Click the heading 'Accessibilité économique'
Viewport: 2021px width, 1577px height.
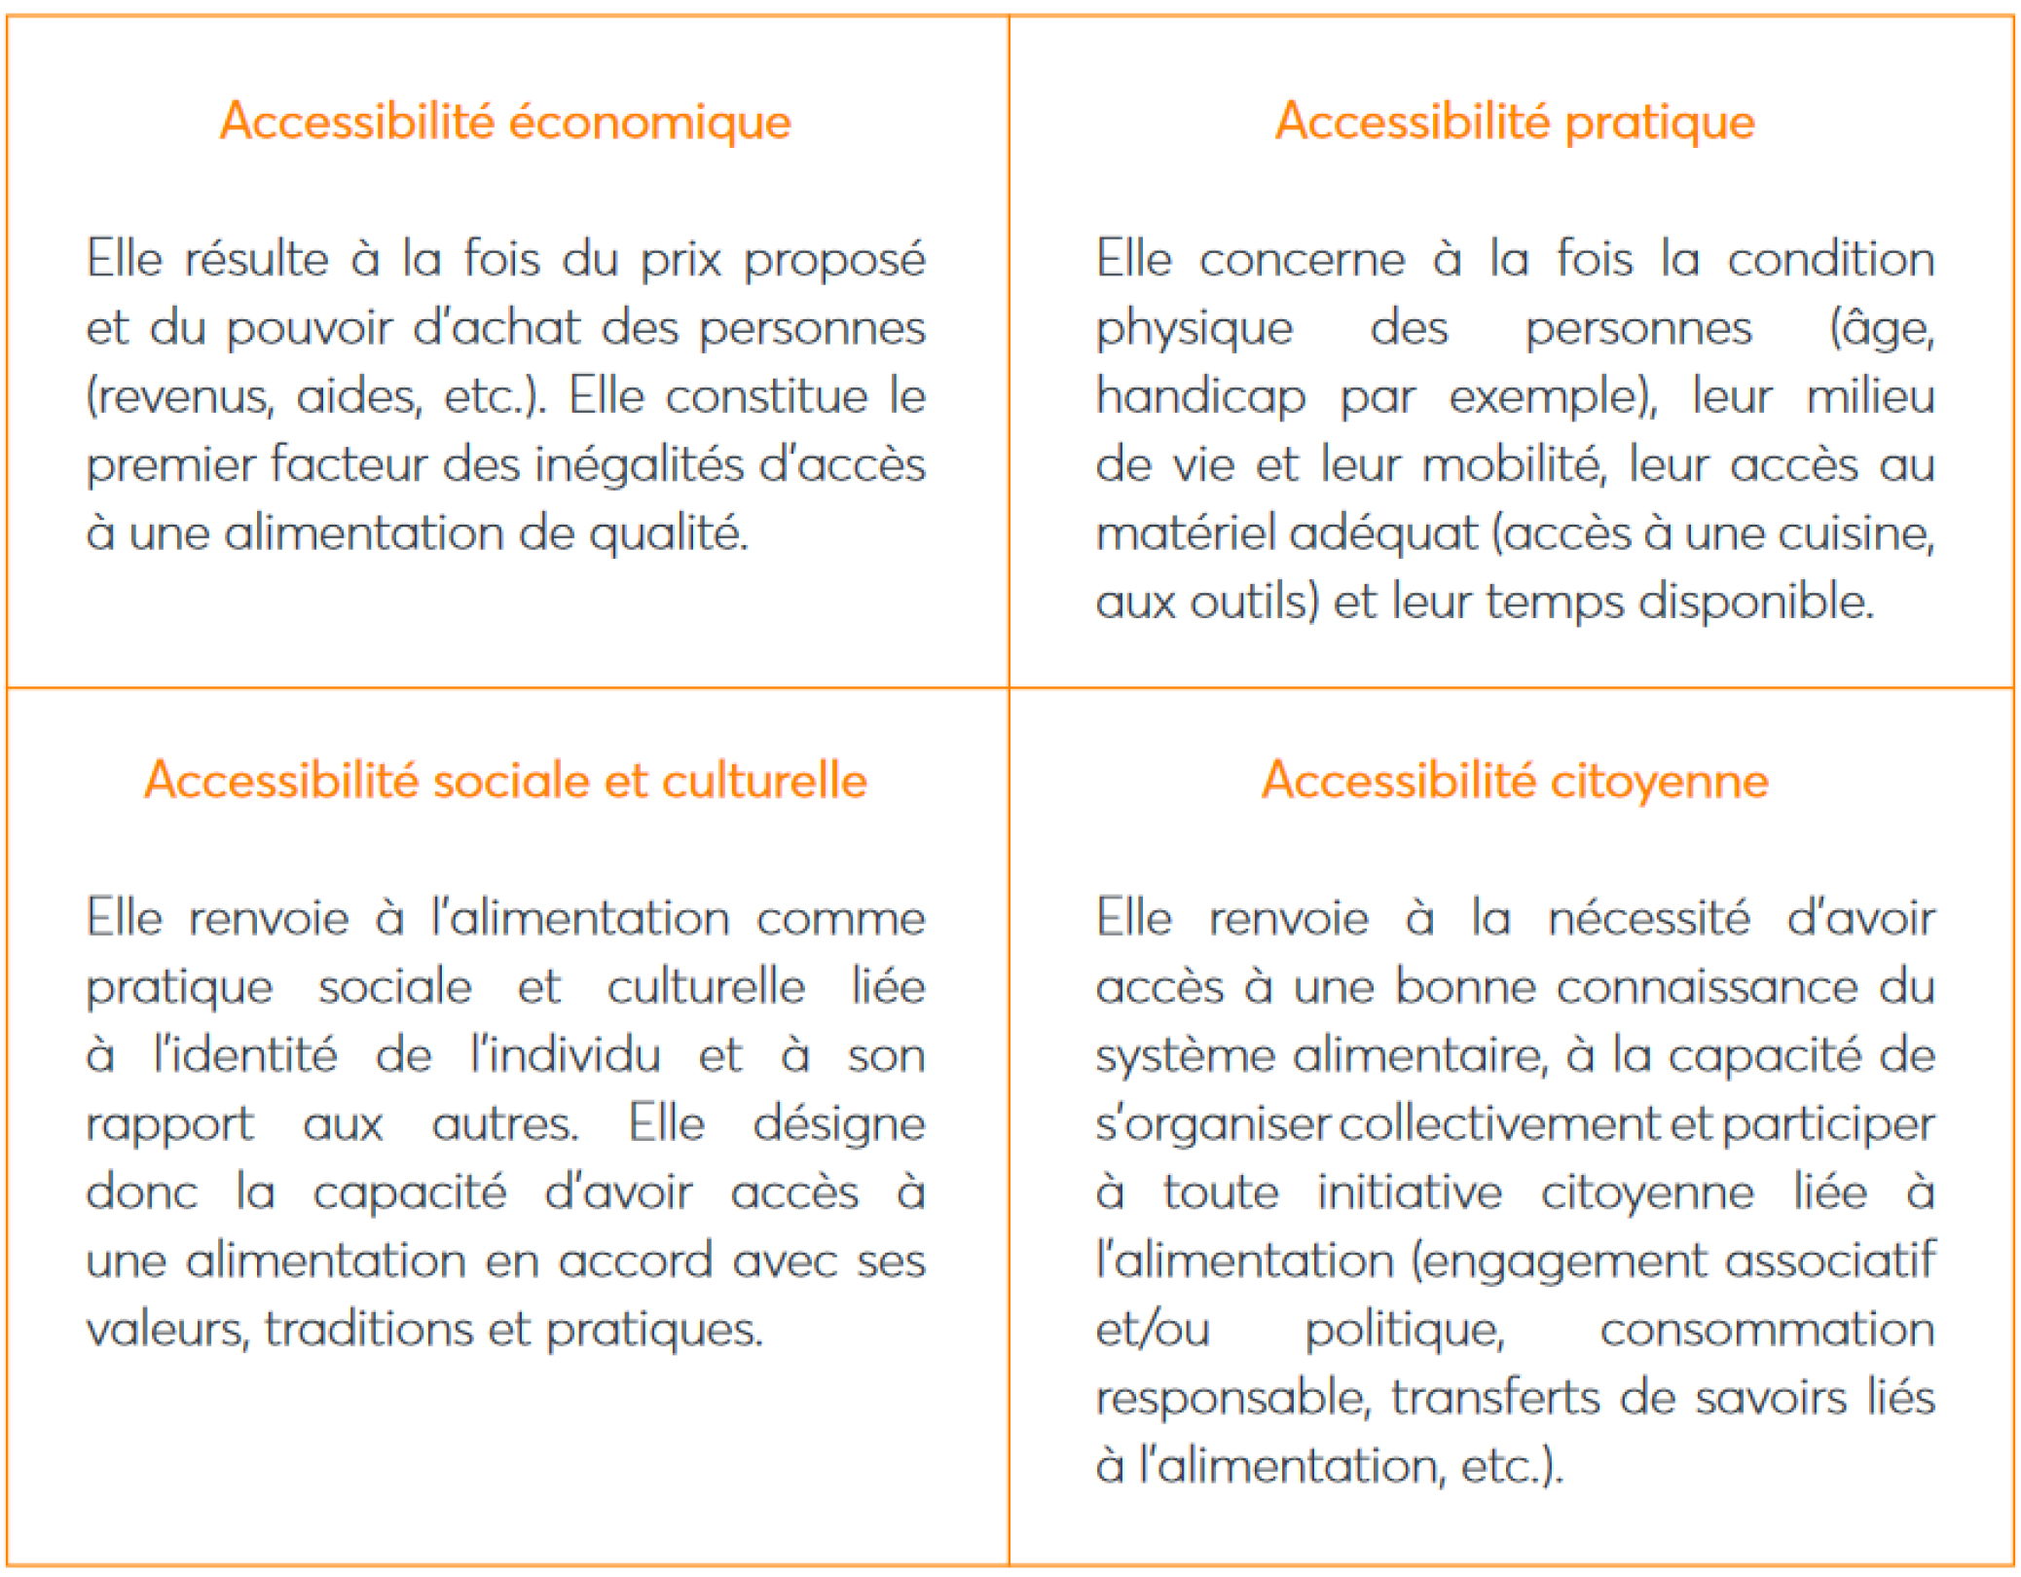(x=505, y=123)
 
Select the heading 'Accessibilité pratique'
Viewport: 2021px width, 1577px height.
(x=1514, y=123)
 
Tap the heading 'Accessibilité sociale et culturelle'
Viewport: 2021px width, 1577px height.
(x=505, y=781)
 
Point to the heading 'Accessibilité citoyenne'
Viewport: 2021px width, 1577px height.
(x=1514, y=781)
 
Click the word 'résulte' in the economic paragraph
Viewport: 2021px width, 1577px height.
(x=257, y=260)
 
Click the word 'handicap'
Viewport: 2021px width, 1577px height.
(x=1200, y=397)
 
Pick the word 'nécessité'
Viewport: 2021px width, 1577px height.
(x=1649, y=919)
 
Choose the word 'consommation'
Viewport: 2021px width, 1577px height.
(x=1766, y=1330)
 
